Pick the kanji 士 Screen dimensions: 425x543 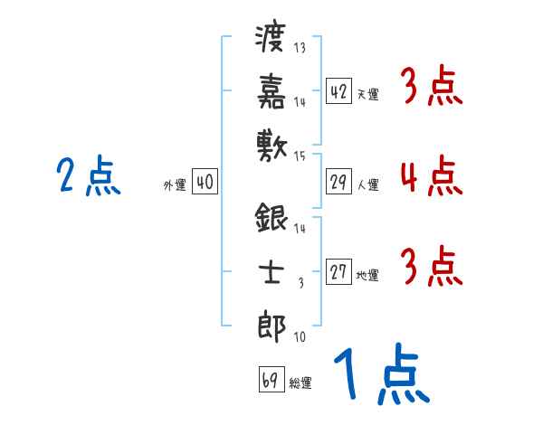coord(271,270)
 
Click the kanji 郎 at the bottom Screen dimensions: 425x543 coord(271,323)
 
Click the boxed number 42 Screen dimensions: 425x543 coord(338,90)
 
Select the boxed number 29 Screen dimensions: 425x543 coord(338,183)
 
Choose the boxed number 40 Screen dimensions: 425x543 coord(205,183)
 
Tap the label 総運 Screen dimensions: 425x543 coord(300,382)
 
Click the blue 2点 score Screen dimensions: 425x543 coord(87,176)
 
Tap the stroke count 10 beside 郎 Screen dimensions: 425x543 coord(300,337)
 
